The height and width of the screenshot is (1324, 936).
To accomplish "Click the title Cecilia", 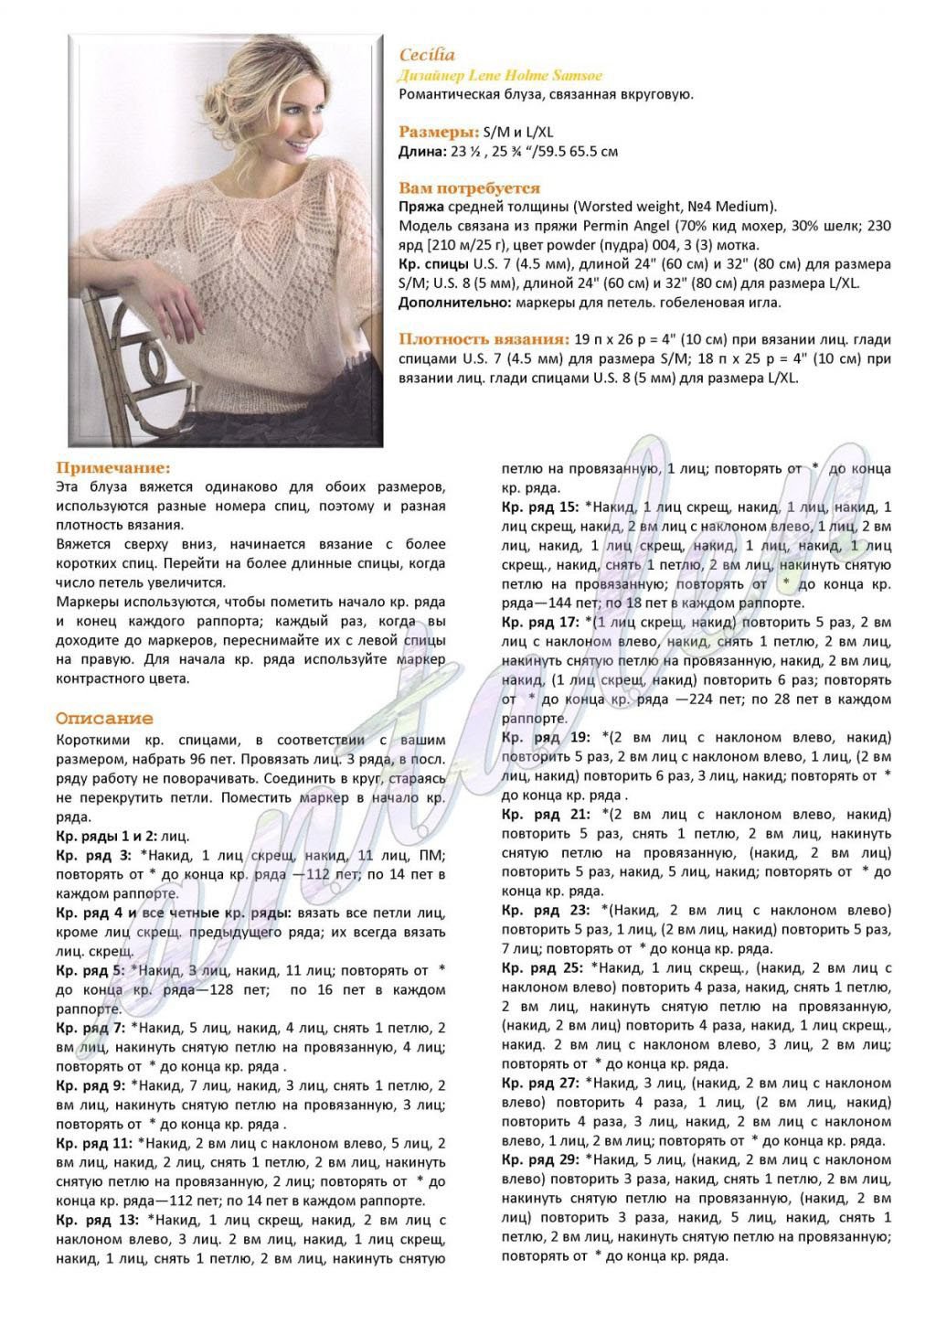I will point(427,55).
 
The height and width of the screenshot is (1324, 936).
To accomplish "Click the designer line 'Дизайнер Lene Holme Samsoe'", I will point(501,75).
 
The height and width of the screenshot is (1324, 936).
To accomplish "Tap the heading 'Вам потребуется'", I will point(469,188).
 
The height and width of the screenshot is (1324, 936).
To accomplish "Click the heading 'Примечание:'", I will point(113,467).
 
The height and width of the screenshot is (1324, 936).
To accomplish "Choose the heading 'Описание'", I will point(104,719).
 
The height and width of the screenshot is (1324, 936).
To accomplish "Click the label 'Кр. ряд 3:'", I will point(94,855).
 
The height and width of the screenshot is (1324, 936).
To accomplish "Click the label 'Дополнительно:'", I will point(454,303).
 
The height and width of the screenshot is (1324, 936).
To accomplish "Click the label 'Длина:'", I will point(420,151).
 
